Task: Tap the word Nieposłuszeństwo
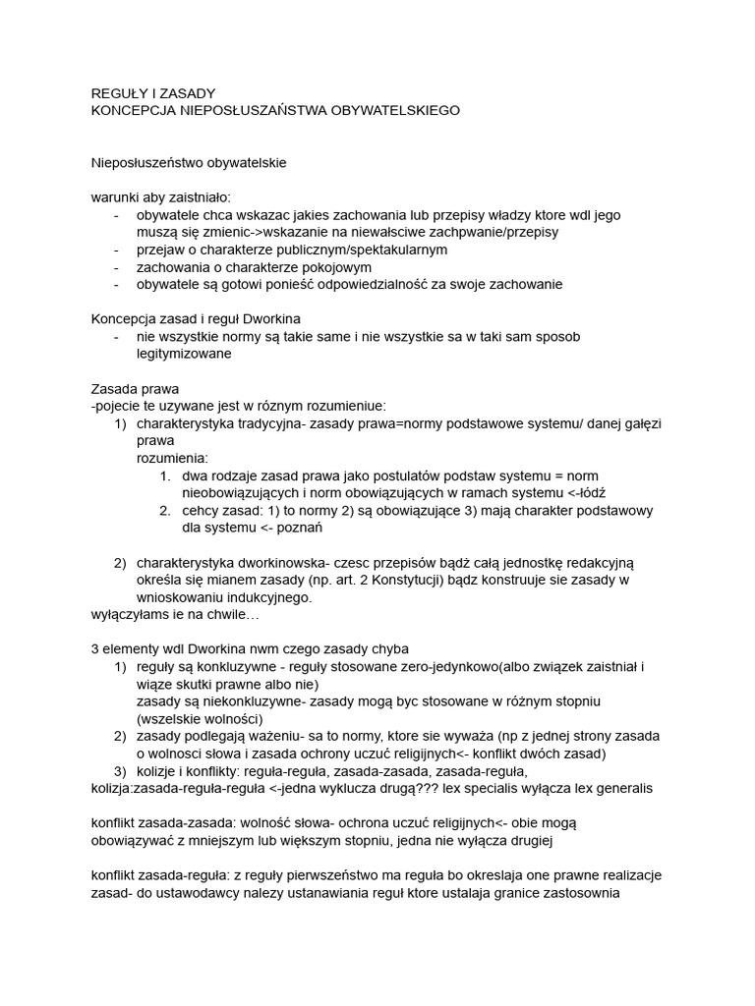point(150,162)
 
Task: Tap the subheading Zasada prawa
point(135,389)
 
